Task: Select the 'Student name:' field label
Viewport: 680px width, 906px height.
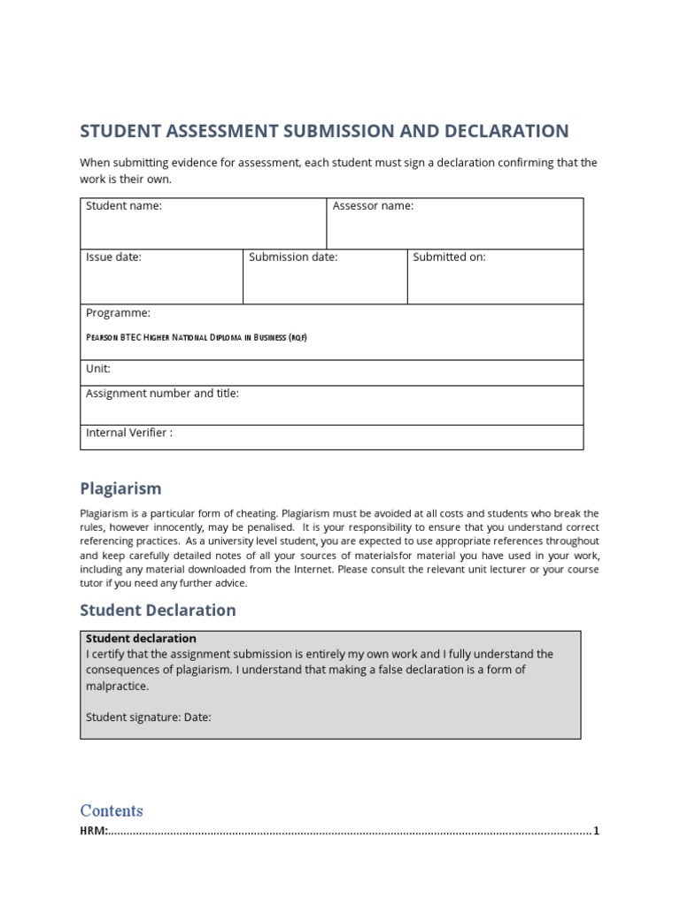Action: click(x=124, y=206)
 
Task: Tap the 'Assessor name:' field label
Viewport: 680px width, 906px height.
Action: click(x=373, y=206)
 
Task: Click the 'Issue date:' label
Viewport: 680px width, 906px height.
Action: click(x=113, y=257)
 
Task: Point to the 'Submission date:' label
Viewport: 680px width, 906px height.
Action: click(x=293, y=257)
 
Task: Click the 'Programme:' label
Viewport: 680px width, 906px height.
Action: click(x=118, y=313)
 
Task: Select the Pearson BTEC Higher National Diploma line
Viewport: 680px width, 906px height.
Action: click(x=196, y=338)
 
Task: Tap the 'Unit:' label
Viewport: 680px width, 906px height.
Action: click(x=97, y=369)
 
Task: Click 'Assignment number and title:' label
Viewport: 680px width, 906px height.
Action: click(x=162, y=394)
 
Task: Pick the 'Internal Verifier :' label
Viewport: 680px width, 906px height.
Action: click(x=129, y=434)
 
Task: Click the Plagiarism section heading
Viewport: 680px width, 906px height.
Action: click(x=120, y=488)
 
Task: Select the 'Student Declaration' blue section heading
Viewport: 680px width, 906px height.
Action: click(x=158, y=610)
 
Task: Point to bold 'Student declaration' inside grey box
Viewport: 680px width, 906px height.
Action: click(x=141, y=639)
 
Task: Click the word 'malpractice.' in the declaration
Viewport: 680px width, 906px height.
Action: click(x=118, y=686)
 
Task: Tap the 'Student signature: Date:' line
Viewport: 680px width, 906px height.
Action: click(x=149, y=718)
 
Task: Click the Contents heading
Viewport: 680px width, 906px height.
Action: click(x=112, y=810)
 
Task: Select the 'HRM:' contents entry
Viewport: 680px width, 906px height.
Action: click(x=94, y=831)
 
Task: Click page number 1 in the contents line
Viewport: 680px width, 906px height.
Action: click(x=597, y=831)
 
